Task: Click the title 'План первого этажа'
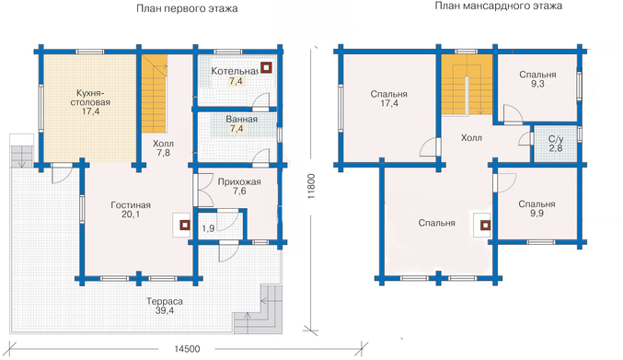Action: pyautogui.click(x=187, y=8)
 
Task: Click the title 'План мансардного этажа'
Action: pyautogui.click(x=498, y=6)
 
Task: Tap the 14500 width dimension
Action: pyautogui.click(x=187, y=349)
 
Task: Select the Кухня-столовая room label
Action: pyautogui.click(x=90, y=98)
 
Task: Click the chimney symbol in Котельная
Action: pyautogui.click(x=266, y=68)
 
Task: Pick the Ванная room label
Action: pyautogui.click(x=242, y=119)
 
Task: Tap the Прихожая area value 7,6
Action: pyautogui.click(x=239, y=192)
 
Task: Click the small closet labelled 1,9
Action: pyautogui.click(x=208, y=228)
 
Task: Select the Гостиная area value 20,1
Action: pyautogui.click(x=131, y=215)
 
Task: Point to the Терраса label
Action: pyautogui.click(x=165, y=301)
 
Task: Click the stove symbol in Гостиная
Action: pyautogui.click(x=184, y=226)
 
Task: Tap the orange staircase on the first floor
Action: pyautogui.click(x=155, y=94)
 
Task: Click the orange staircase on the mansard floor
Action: pyautogui.click(x=467, y=85)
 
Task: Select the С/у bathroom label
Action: pyautogui.click(x=556, y=139)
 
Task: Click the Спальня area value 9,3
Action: pyautogui.click(x=537, y=84)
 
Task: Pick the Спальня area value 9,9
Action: pyautogui.click(x=536, y=214)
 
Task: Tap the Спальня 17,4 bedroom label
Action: pyautogui.click(x=389, y=99)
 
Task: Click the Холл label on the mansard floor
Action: pyautogui.click(x=471, y=138)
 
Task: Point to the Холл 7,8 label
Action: pyautogui.click(x=163, y=148)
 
